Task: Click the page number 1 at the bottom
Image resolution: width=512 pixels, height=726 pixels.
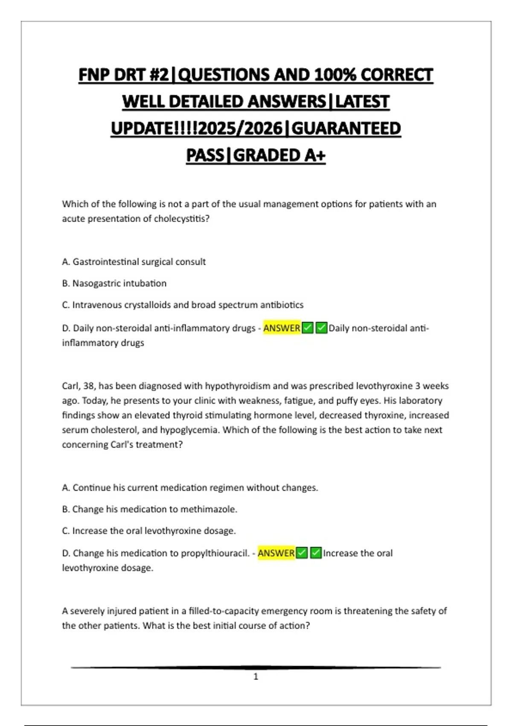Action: (x=256, y=676)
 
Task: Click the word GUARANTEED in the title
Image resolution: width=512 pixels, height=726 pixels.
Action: (x=346, y=129)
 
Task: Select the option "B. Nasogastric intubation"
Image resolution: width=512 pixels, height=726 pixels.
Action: (x=114, y=283)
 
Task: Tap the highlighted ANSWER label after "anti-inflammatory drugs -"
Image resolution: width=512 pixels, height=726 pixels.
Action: (x=282, y=328)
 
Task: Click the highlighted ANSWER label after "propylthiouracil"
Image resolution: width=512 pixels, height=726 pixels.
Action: (x=276, y=553)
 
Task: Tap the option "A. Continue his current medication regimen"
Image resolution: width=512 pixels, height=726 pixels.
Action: (x=190, y=488)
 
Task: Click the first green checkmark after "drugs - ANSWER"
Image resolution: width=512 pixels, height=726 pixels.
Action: (x=307, y=328)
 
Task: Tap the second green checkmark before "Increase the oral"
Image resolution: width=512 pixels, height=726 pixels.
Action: (x=316, y=553)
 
